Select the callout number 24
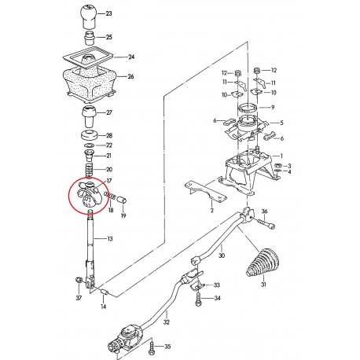[130, 57]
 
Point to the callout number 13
[109, 238]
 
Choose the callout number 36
[286, 211]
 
